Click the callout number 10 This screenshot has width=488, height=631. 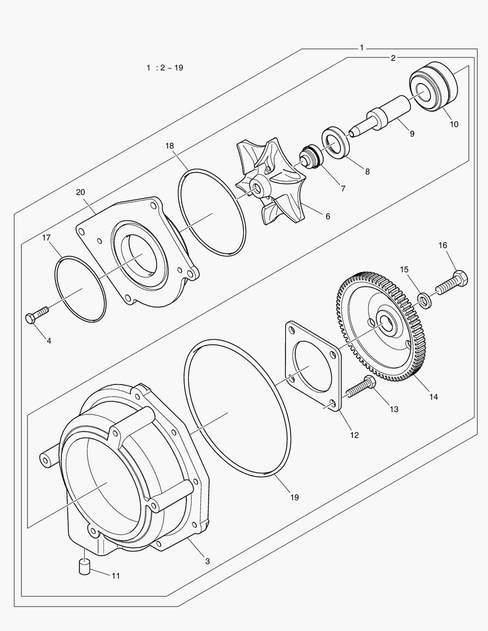coord(454,124)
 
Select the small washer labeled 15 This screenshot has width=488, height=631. coord(425,300)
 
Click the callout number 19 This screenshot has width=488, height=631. coord(294,497)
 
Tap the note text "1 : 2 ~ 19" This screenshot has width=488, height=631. coord(165,68)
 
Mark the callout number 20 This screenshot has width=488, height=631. coord(80,191)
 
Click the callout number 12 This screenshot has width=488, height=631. coord(354,435)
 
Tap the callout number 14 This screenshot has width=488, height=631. coord(433,397)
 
